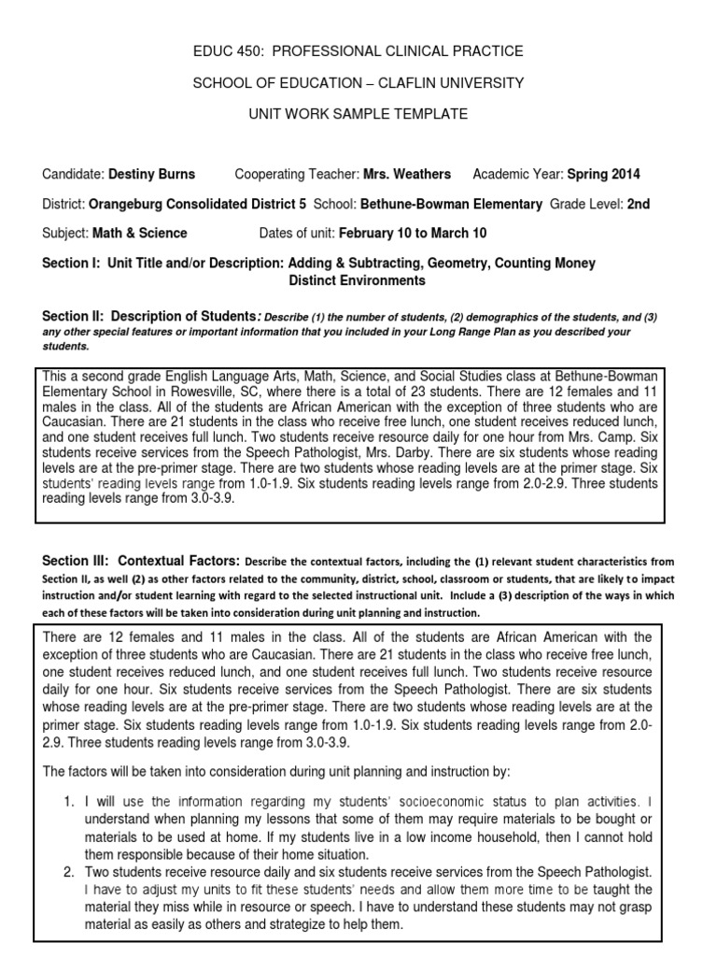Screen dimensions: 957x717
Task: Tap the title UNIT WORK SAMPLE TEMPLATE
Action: pos(358,114)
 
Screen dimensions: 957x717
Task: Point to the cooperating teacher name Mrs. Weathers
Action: pos(407,174)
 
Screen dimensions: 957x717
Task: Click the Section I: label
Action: pos(72,264)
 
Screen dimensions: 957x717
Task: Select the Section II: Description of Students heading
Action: pos(149,317)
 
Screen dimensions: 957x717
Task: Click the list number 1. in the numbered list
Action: pos(68,802)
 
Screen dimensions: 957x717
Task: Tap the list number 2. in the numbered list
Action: pos(68,872)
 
